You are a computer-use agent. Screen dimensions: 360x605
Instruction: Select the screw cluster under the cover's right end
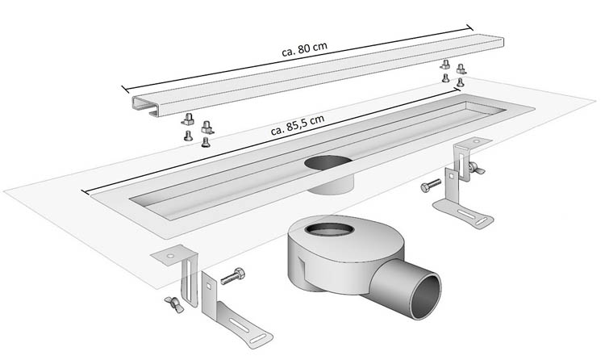(452, 72)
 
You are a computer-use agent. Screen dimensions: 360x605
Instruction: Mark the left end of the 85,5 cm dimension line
(83, 194)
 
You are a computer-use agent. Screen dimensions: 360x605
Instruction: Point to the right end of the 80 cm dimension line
(483, 33)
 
